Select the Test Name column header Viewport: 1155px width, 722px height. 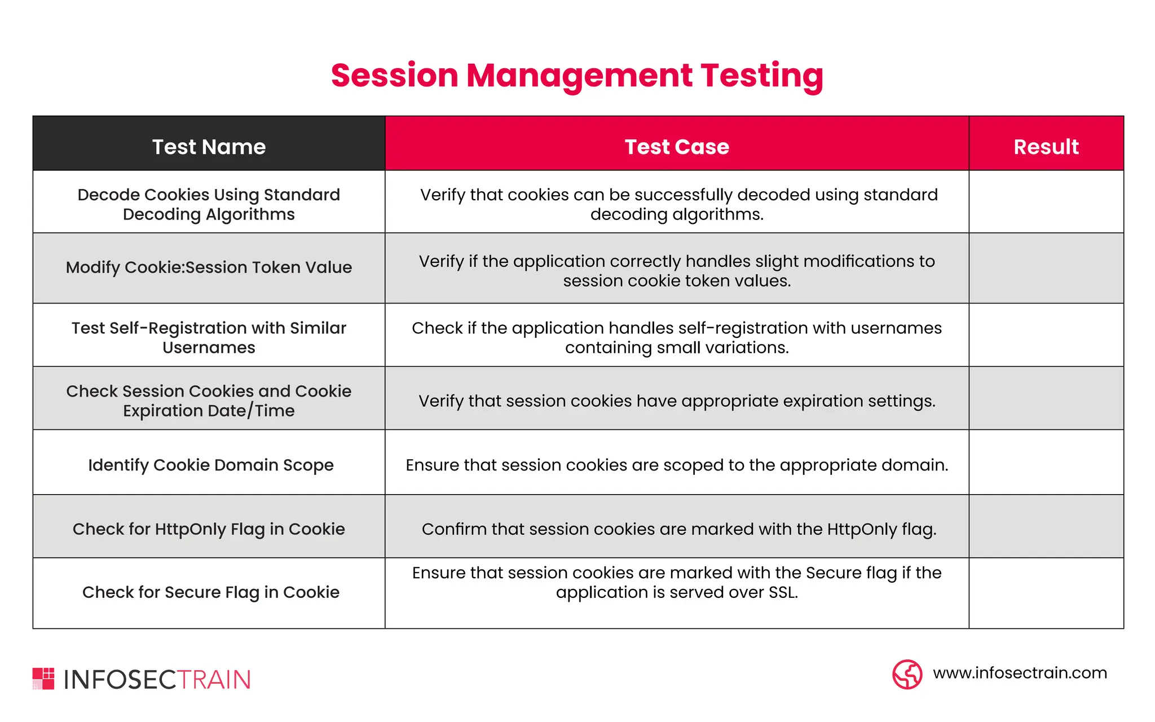[x=209, y=147]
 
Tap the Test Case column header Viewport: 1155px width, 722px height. [x=677, y=147]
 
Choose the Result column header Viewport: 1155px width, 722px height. [x=1046, y=147]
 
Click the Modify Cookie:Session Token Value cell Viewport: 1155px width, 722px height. [x=209, y=267]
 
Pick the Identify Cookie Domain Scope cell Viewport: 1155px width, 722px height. [x=211, y=465]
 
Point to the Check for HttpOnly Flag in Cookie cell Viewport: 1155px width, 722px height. [x=209, y=529]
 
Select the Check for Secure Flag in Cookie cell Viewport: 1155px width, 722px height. [x=211, y=592]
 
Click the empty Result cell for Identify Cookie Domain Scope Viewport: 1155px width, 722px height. [x=1046, y=463]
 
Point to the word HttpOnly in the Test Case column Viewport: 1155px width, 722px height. [x=861, y=530]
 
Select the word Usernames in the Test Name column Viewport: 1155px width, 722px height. [x=209, y=348]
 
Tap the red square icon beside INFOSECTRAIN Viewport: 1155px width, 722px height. [x=43, y=679]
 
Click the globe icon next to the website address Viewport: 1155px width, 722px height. [x=907, y=674]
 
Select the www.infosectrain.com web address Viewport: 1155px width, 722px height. [x=1020, y=673]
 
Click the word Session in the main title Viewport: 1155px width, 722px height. [x=394, y=76]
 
